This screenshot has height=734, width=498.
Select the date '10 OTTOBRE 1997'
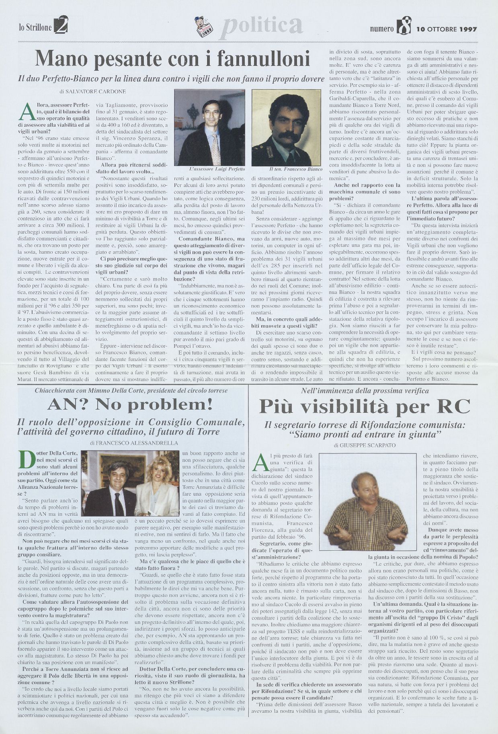click(x=447, y=29)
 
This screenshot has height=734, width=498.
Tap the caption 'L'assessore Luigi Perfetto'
click(x=211, y=169)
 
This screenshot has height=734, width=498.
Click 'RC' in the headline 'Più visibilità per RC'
click(x=451, y=407)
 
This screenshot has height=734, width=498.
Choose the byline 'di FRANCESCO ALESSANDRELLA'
click(x=130, y=443)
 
